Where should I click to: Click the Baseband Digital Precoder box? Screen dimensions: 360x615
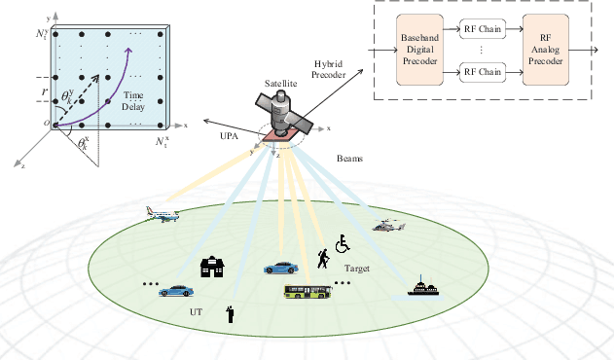421,50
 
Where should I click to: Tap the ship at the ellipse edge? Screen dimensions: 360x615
421,287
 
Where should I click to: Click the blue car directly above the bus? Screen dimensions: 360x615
280,267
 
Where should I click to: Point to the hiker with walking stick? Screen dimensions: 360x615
322,258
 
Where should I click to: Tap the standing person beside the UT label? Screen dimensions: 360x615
231,312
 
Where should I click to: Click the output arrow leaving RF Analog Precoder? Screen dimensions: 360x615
588,50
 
